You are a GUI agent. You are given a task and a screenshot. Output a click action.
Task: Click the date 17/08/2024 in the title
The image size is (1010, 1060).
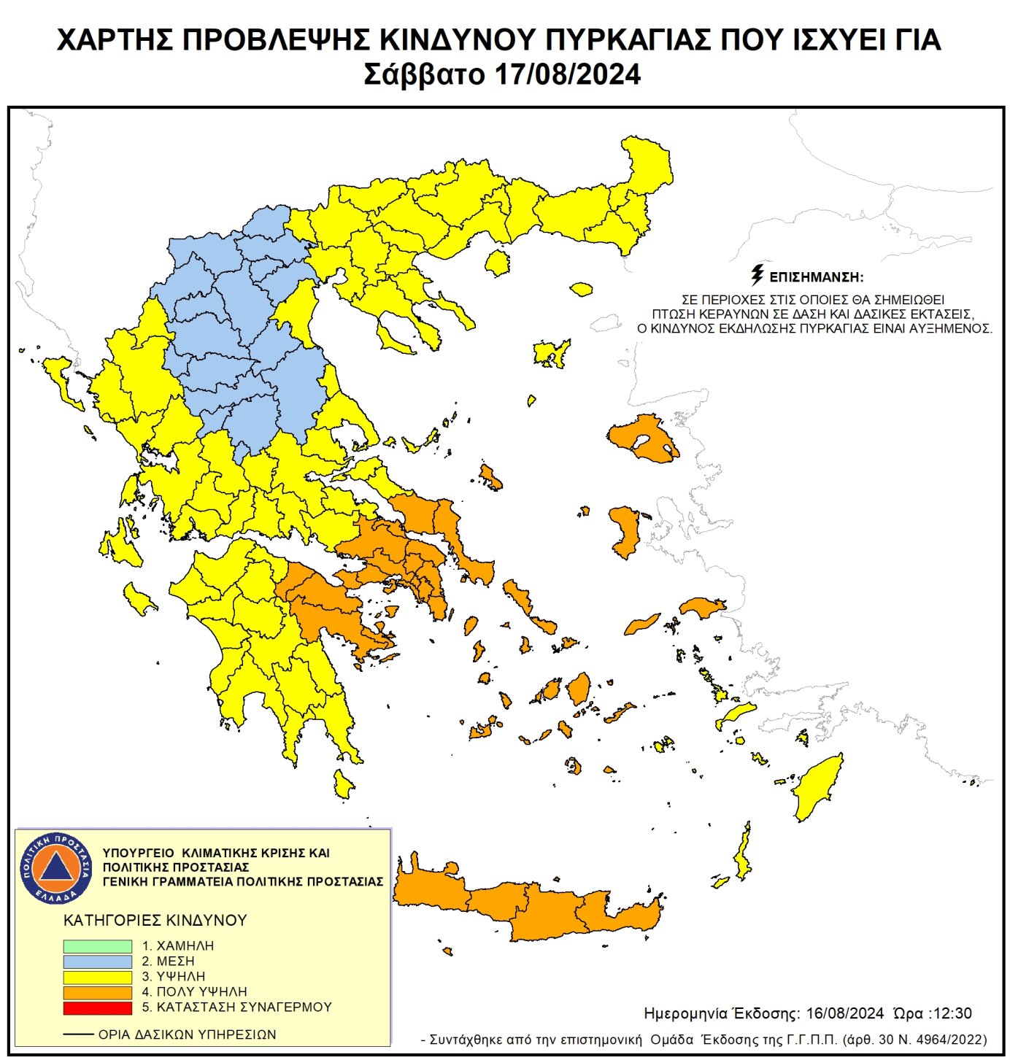point(567,75)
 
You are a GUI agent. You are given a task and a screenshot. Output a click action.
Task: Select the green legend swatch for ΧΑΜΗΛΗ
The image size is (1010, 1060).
point(97,946)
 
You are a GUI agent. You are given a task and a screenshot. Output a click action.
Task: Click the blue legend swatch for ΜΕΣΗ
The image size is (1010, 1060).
point(97,962)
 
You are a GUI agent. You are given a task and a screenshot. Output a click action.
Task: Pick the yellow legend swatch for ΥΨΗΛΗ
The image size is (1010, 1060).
point(97,977)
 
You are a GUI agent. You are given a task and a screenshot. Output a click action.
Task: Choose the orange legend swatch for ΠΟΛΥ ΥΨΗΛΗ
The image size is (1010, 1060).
point(97,992)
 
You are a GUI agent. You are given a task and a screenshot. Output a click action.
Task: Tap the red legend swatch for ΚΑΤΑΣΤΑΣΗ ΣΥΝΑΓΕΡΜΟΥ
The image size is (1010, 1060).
point(97,1007)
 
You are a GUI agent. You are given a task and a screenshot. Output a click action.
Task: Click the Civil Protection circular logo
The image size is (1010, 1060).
point(56,867)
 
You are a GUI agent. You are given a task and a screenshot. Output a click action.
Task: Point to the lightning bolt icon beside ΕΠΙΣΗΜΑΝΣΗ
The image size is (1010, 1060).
point(757,275)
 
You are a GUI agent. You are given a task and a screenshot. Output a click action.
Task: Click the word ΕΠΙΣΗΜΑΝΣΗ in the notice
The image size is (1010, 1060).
point(816,277)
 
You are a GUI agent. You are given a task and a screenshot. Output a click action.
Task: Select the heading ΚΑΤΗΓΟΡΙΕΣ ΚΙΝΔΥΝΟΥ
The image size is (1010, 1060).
point(155,921)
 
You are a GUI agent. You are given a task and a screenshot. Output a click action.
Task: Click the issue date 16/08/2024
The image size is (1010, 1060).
point(844,1013)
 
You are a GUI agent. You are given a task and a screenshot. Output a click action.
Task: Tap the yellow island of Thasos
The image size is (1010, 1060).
point(498,263)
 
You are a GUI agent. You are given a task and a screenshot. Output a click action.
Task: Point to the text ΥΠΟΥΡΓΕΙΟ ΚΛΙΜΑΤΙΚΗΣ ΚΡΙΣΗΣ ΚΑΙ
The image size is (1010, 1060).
point(216,853)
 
